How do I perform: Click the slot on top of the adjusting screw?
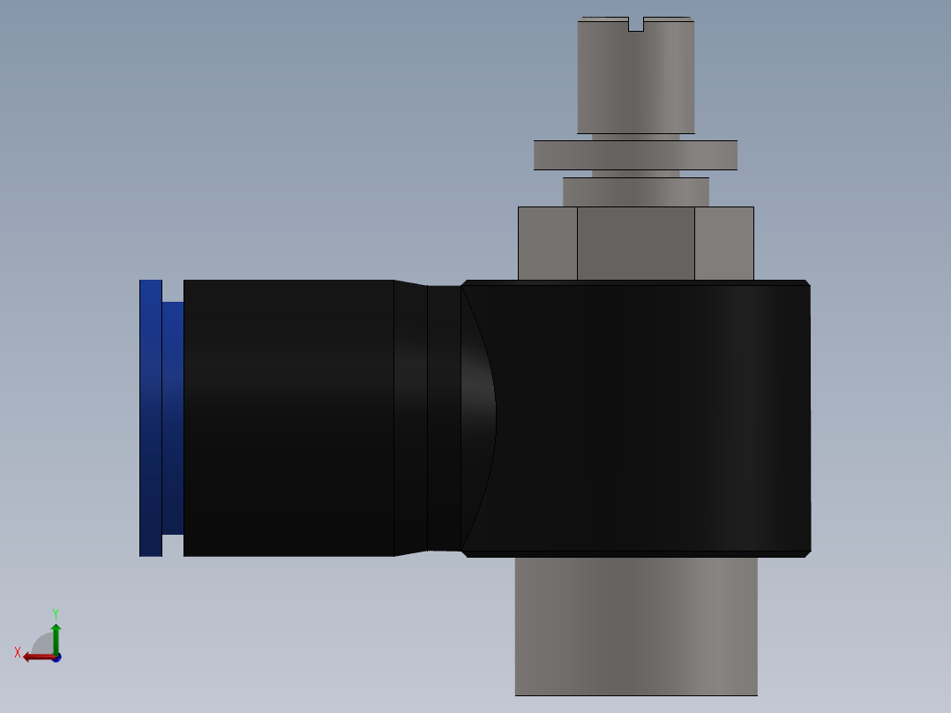635,25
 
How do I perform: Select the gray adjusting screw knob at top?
635,79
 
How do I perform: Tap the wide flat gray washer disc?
635,155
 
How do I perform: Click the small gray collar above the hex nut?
635,191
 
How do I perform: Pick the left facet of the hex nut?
547,244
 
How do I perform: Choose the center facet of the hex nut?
635,244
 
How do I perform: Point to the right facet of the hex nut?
723,244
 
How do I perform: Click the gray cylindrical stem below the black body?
635,627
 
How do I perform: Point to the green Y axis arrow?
56,637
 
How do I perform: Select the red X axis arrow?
36,657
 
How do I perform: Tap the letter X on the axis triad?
18,652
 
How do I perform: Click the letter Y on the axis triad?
56,612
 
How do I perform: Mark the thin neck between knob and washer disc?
635,138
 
